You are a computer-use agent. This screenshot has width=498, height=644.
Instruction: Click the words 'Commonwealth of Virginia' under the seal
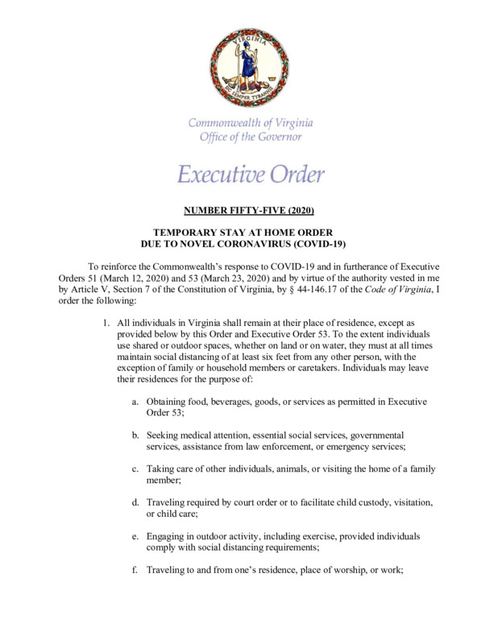click(x=251, y=123)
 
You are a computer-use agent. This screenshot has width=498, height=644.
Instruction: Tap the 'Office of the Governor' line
click(x=251, y=137)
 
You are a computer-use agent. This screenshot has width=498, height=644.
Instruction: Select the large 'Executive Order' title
click(x=251, y=174)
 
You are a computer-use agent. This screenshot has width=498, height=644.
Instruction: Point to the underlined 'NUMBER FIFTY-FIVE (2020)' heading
click(x=248, y=212)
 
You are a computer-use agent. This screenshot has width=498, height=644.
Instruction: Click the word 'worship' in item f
click(x=351, y=570)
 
